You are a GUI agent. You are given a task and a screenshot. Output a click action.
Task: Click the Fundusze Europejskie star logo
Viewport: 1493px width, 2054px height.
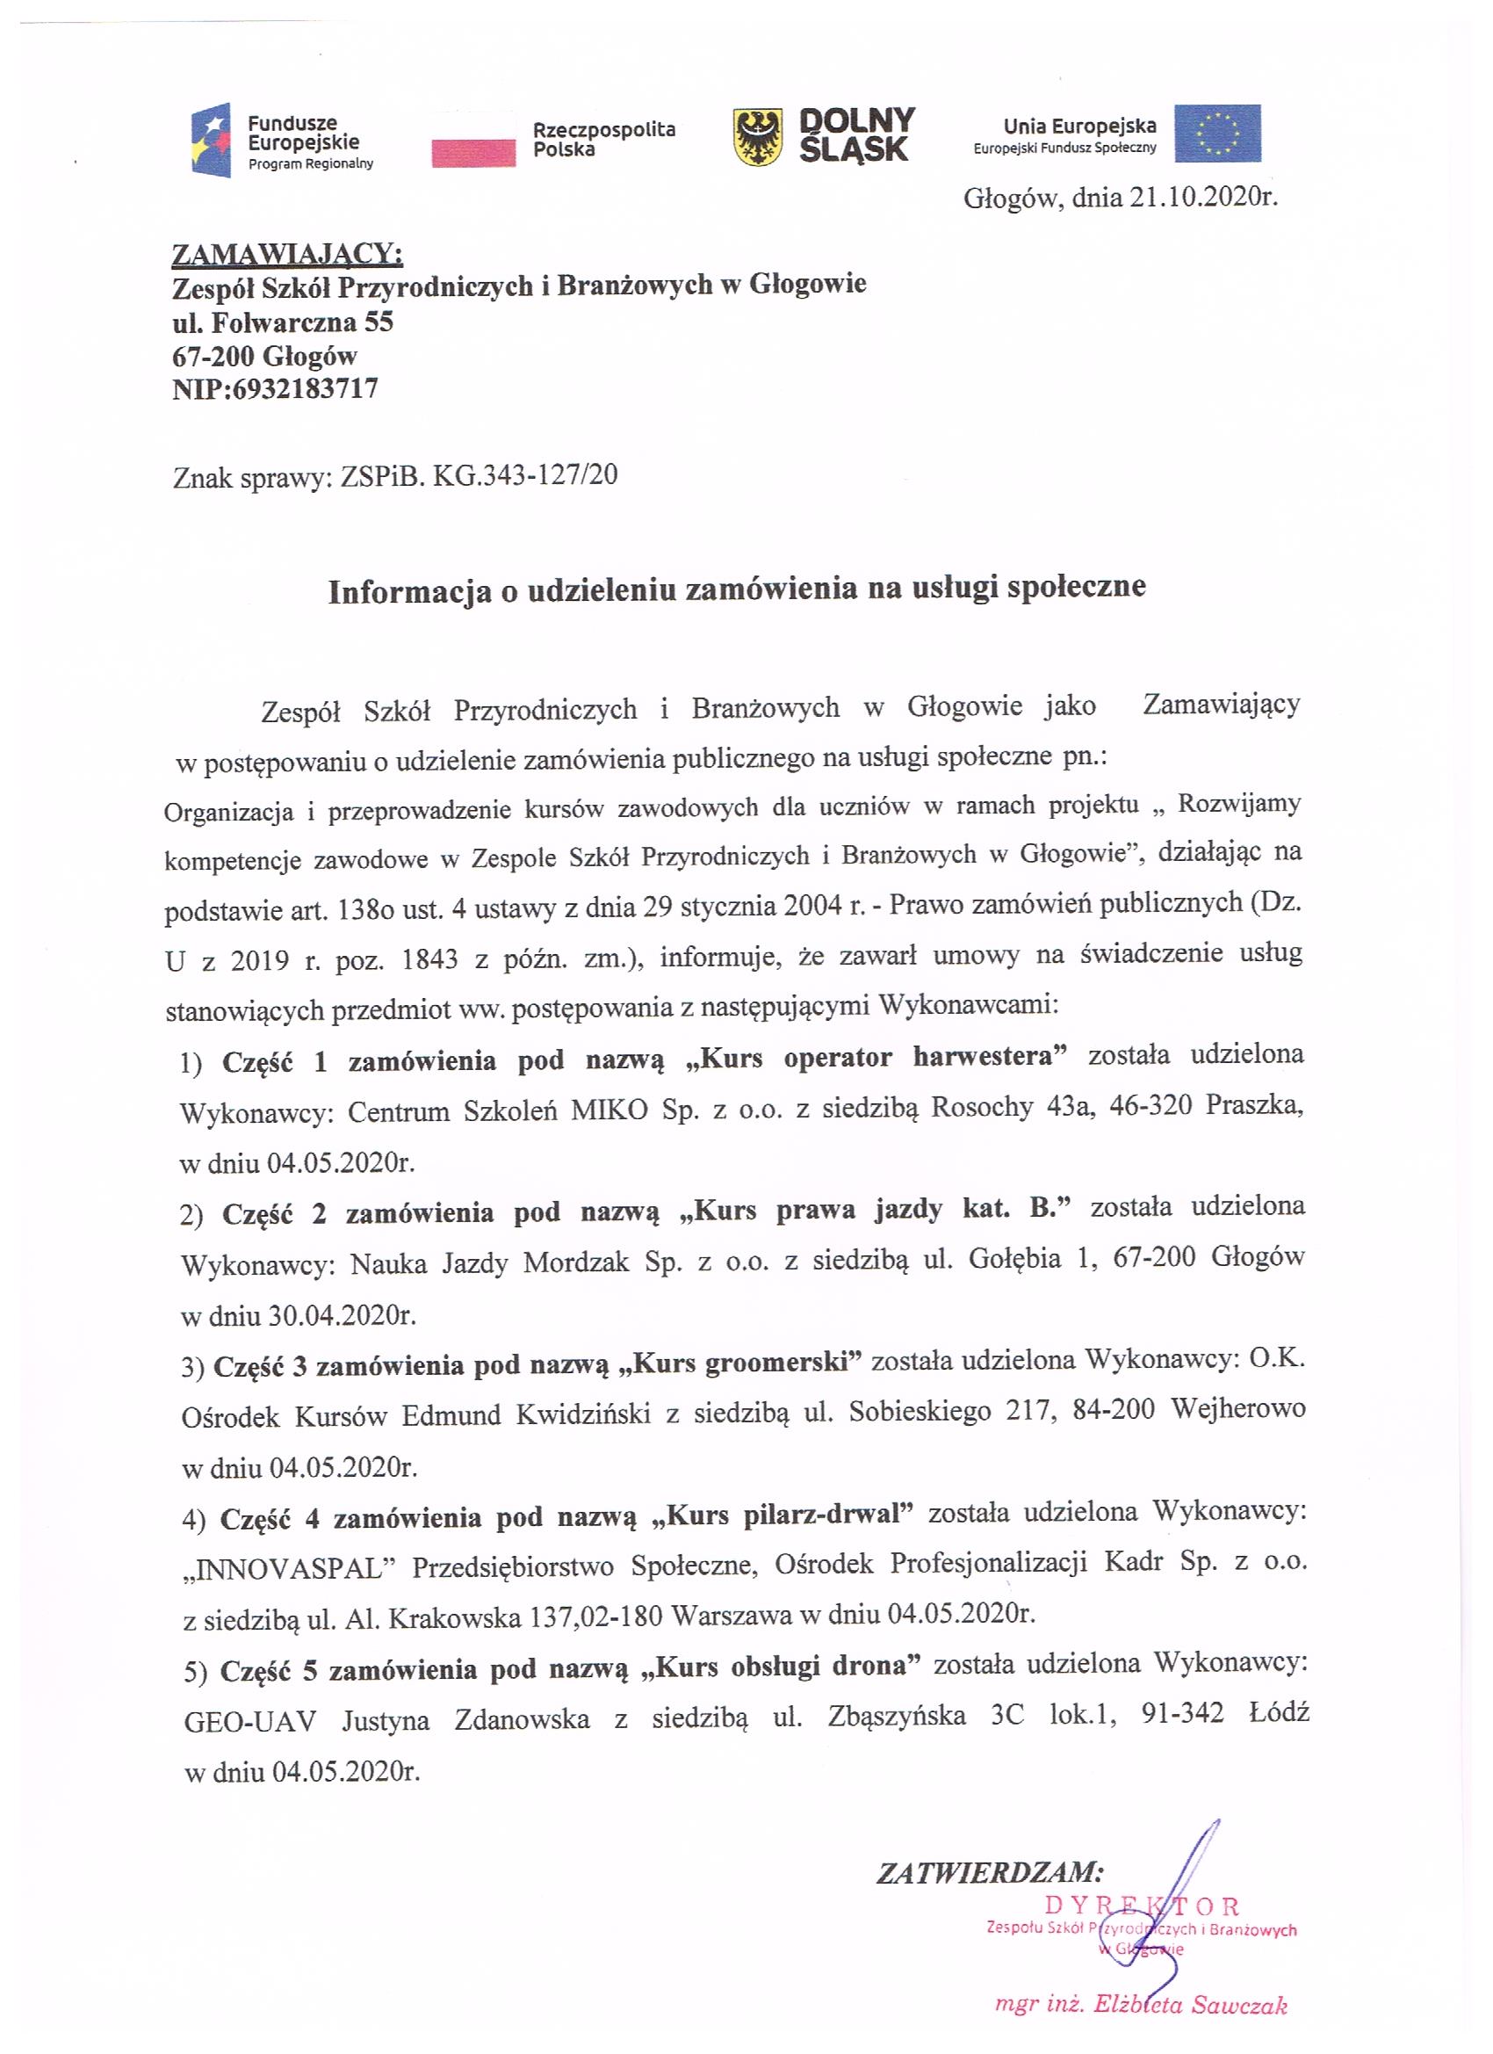[x=210, y=141]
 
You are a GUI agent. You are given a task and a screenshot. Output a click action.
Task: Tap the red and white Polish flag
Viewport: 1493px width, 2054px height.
[x=472, y=141]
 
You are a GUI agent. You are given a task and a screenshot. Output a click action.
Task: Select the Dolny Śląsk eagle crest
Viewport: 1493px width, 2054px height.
[x=759, y=138]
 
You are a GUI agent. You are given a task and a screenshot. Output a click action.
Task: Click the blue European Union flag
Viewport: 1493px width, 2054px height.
[x=1217, y=134]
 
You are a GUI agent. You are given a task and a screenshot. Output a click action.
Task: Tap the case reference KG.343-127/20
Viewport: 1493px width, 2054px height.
[x=525, y=475]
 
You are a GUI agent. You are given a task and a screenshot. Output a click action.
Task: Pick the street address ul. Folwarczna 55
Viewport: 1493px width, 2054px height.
[x=283, y=322]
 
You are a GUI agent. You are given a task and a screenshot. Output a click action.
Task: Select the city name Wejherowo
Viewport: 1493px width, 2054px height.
[x=1237, y=1410]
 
